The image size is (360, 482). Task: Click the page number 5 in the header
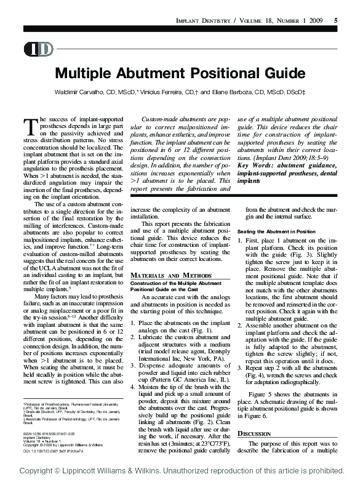pyautogui.click(x=335, y=21)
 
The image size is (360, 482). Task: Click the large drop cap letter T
pyautogui.click(x=30, y=126)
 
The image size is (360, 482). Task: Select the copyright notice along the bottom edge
pyautogui.click(x=180, y=471)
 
